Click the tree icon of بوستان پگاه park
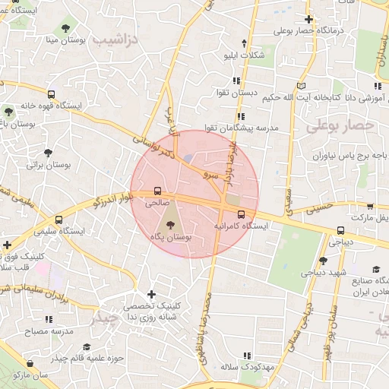point(170,225)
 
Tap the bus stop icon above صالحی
point(157,191)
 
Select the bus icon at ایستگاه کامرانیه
point(241,214)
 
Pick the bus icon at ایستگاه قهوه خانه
point(51,95)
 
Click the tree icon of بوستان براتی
point(49,152)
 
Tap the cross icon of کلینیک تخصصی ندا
point(151,294)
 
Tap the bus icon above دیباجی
point(340,231)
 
